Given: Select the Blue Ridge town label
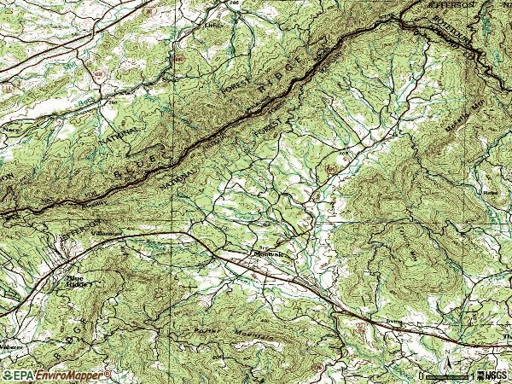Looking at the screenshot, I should pos(78,281).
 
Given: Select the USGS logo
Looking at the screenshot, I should pos(493,375).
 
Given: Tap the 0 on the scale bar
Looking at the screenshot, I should pos(421,375).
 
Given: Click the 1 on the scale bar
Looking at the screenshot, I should pos(470,375).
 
